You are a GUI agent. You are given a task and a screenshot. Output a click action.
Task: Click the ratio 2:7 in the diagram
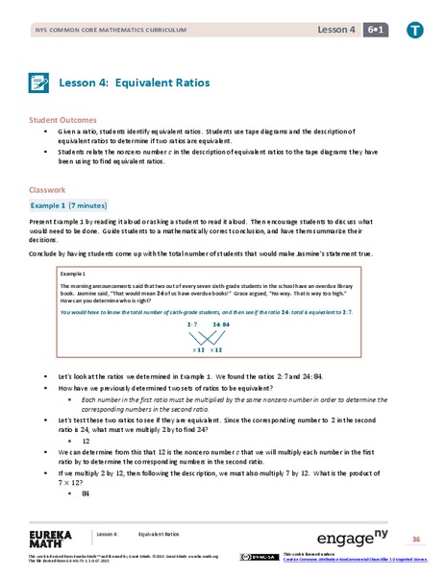(192, 324)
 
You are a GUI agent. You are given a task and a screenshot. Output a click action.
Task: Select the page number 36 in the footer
(416, 540)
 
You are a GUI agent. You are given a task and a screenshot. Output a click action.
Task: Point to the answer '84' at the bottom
(86, 493)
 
